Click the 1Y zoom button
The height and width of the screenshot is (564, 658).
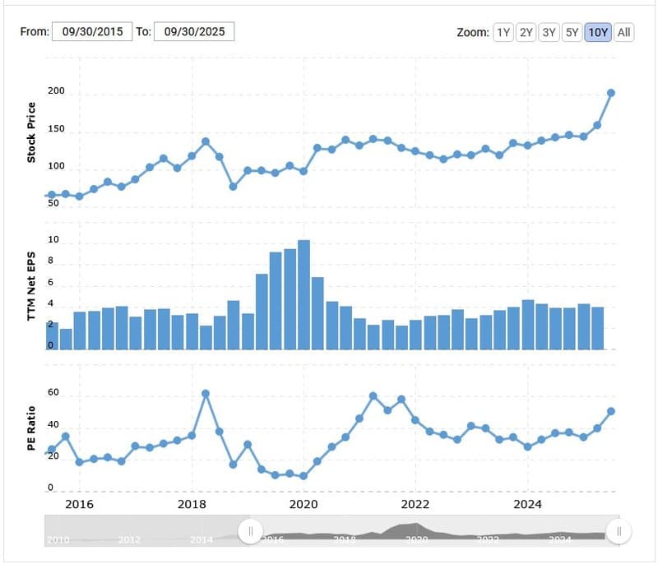[503, 32]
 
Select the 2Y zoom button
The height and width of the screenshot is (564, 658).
[526, 32]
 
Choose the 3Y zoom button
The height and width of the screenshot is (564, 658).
[549, 32]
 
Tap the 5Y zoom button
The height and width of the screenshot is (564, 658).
[572, 32]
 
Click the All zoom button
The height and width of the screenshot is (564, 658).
[624, 32]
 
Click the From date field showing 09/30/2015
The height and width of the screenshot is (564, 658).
[92, 32]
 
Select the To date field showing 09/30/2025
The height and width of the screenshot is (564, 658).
[194, 32]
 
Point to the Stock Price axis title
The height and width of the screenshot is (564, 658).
[31, 132]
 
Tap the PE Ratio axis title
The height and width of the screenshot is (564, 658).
[31, 427]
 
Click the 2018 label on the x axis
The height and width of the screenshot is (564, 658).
[192, 504]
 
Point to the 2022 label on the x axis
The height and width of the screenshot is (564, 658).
[416, 504]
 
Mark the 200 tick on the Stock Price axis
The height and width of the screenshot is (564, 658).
[54, 94]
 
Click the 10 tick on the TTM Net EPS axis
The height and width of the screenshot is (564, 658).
[53, 241]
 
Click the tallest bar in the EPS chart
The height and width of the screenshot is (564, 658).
[304, 294]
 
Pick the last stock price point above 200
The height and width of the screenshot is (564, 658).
[611, 93]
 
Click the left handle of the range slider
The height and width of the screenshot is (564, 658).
[250, 531]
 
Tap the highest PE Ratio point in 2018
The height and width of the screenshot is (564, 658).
[206, 394]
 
